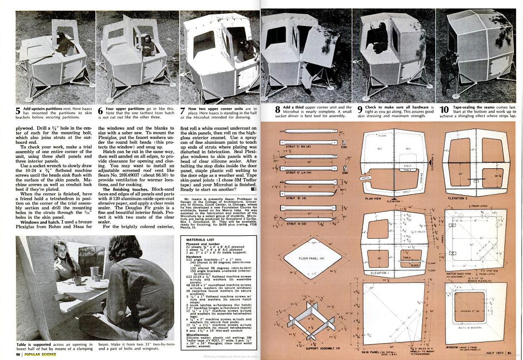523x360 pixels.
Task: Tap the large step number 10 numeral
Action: coord(446,111)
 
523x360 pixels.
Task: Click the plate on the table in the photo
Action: coord(100,285)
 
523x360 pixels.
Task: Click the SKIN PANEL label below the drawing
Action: coord(372,351)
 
